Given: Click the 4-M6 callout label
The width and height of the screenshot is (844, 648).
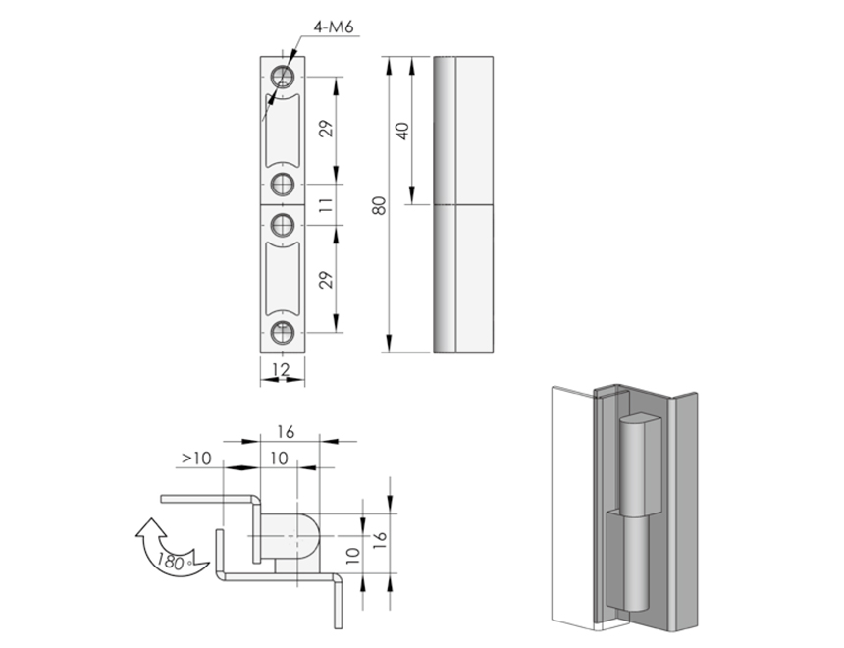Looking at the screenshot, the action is click(x=334, y=27).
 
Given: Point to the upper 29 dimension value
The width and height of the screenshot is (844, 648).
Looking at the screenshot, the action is click(x=326, y=129).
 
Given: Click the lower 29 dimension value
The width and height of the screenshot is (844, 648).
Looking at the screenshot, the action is click(x=326, y=280).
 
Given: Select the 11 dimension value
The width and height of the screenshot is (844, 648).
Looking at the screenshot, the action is click(x=326, y=204).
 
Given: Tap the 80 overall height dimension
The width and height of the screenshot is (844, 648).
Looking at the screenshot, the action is click(x=380, y=206).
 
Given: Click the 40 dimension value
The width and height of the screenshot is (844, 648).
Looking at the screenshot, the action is click(x=402, y=132).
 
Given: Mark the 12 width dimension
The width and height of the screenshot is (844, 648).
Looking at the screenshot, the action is click(x=281, y=369).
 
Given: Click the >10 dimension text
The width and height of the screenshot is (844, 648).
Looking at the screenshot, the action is click(x=196, y=459).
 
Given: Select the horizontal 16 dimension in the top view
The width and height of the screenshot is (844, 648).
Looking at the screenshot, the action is click(x=286, y=432).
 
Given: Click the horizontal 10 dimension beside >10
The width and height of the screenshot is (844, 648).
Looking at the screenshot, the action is click(x=279, y=459).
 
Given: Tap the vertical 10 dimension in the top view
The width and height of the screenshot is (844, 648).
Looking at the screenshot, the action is click(x=352, y=556).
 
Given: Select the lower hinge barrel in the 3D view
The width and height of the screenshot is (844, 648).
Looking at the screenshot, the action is click(x=629, y=561).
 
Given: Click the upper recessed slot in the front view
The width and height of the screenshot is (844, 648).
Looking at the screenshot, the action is click(x=282, y=131).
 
